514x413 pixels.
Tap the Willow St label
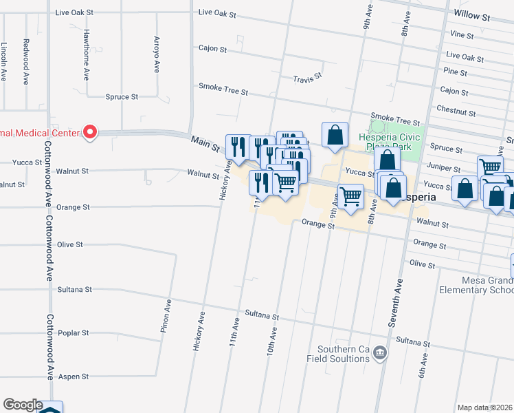[471, 14]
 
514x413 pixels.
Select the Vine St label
[462, 34]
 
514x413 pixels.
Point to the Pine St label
[455, 72]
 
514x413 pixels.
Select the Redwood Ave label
[25, 61]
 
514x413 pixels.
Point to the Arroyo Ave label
[157, 55]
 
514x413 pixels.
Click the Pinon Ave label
[165, 316]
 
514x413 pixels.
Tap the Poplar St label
[76, 333]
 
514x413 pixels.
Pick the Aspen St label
[76, 377]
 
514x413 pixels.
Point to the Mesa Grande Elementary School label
[476, 285]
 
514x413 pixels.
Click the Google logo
[23, 405]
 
